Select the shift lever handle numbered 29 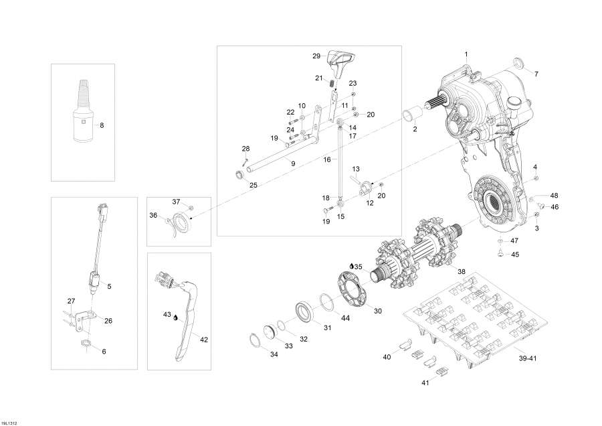coord(340,63)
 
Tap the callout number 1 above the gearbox coord(467,54)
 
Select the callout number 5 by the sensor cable coord(109,287)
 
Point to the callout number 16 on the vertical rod coord(327,160)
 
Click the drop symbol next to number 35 coord(352,267)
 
